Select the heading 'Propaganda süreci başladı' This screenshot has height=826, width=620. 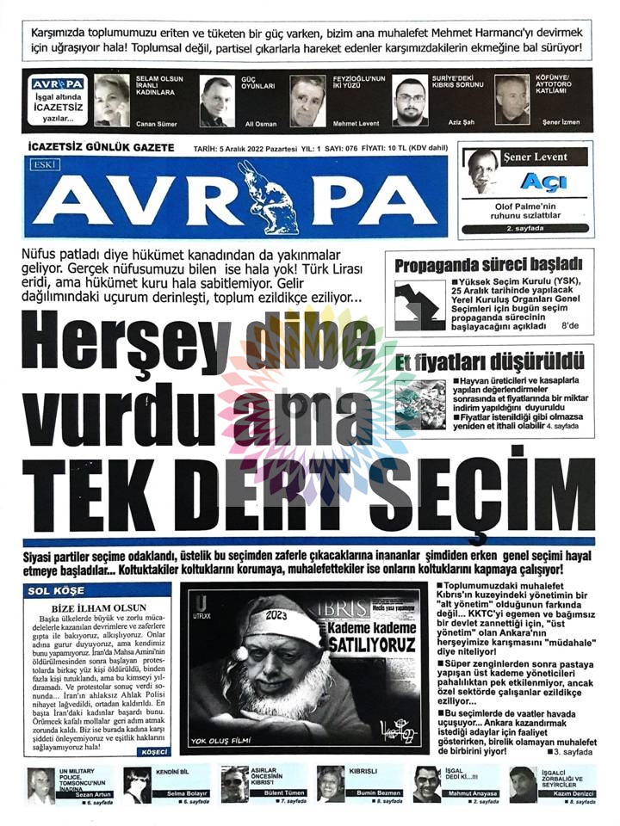[x=488, y=265]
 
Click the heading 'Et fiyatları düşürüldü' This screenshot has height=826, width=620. [x=490, y=361]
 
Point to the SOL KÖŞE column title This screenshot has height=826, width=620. [x=56, y=591]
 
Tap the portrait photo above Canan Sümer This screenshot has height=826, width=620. [x=112, y=100]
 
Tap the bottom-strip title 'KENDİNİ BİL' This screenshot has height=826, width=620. [x=172, y=772]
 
